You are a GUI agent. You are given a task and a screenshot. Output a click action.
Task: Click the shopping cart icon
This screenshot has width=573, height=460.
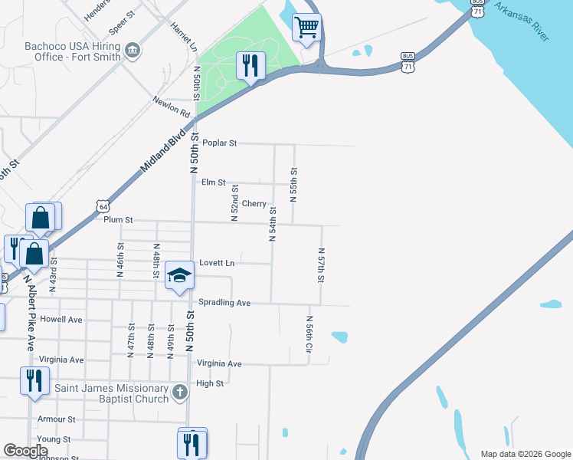(306, 28)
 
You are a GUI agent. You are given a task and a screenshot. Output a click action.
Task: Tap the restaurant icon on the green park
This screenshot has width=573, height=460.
(250, 66)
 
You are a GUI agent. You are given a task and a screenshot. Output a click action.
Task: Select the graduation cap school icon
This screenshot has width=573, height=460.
(179, 276)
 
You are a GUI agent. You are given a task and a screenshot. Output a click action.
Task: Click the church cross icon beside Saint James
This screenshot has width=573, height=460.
(179, 393)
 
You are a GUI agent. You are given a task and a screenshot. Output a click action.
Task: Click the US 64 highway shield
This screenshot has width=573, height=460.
(103, 205)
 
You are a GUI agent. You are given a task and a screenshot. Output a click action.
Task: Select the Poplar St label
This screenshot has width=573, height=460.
(220, 143)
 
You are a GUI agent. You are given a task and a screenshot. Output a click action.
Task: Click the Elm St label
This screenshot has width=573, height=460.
(213, 182)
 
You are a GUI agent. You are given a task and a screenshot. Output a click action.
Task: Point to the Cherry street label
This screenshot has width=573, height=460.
(254, 204)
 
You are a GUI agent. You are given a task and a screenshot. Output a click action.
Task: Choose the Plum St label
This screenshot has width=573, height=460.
(118, 220)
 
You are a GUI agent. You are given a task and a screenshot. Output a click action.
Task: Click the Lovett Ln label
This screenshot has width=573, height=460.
(217, 263)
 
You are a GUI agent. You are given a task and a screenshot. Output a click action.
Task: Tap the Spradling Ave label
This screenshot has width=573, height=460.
(224, 303)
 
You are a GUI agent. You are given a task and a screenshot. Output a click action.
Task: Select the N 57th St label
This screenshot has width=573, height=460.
(321, 264)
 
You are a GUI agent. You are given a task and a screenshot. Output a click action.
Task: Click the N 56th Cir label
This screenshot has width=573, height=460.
(309, 333)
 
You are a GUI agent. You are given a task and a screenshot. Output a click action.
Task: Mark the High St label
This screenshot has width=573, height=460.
(209, 383)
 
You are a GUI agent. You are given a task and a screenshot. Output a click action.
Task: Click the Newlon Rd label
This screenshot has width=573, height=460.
(171, 107)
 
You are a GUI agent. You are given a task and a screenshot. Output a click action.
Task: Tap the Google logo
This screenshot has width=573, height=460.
(25, 451)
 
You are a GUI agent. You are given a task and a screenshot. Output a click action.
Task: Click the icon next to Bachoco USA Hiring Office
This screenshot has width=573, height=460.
(133, 51)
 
